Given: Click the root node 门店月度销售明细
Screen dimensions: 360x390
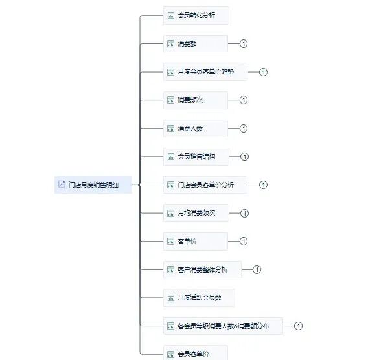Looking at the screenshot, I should (x=93, y=185).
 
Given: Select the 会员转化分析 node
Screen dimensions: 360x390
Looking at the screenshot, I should (x=196, y=15).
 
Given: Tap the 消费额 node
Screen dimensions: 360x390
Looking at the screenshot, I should (x=196, y=43).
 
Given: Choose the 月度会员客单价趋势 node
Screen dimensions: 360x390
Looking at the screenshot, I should (x=205, y=72).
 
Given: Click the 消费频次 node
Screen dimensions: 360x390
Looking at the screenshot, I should (x=196, y=100).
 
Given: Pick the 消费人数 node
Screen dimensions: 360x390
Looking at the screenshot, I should (x=196, y=128).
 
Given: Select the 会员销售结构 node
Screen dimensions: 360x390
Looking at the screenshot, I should (x=196, y=157).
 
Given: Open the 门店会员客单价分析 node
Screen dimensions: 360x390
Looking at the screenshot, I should (x=205, y=185).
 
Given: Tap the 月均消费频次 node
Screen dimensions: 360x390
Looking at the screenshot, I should (x=196, y=213).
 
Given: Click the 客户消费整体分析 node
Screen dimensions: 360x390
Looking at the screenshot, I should (x=202, y=269).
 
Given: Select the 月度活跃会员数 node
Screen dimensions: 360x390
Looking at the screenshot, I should (x=199, y=298).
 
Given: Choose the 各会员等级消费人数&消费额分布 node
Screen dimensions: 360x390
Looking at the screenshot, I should (x=223, y=326).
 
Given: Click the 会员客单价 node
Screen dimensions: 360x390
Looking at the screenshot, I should (x=196, y=354).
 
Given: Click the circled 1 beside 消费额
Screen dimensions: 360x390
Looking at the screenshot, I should (x=244, y=43).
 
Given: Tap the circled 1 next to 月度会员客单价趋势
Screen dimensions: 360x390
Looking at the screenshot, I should (x=263, y=72).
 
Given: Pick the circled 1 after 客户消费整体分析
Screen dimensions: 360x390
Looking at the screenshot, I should (x=257, y=269).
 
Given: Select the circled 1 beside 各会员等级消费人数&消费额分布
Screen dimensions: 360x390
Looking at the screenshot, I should (x=299, y=326).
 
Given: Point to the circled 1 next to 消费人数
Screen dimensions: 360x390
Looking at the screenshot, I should (x=244, y=128).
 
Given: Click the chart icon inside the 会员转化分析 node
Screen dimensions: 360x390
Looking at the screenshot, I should (x=171, y=15).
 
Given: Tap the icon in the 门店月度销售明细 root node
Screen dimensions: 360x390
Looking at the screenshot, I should (x=62, y=185).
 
